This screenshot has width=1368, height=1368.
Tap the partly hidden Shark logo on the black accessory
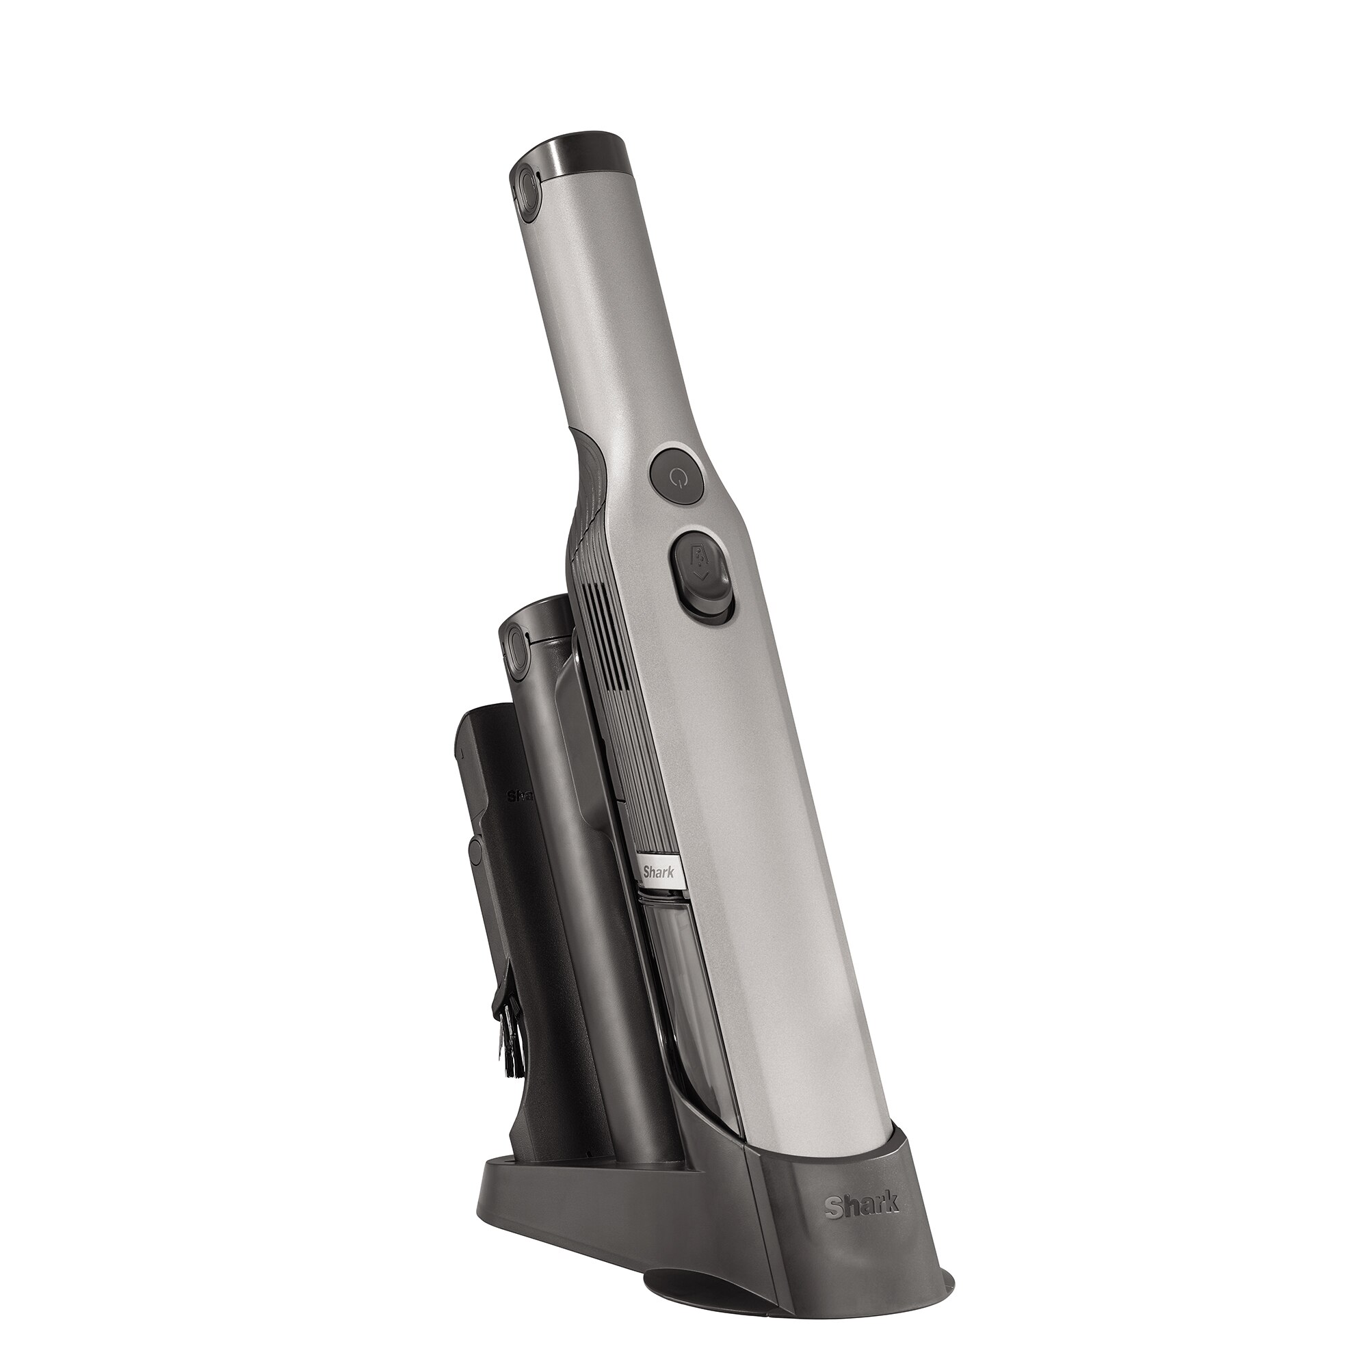coord(521,795)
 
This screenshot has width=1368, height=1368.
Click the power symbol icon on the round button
coord(677,477)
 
